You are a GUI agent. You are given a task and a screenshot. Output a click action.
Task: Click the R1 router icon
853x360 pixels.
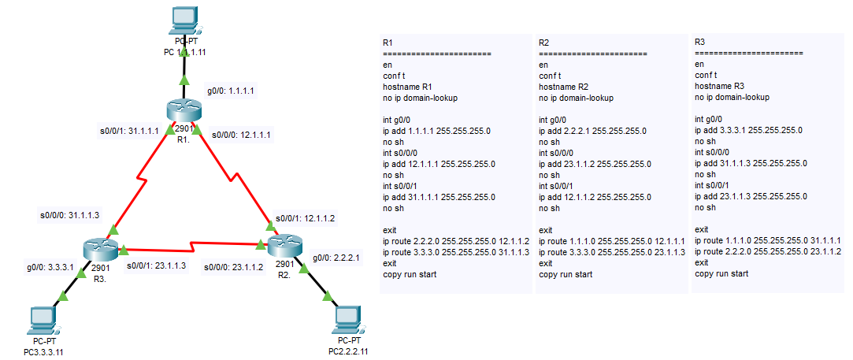point(184,113)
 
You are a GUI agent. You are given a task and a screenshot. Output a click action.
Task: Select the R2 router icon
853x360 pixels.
point(283,247)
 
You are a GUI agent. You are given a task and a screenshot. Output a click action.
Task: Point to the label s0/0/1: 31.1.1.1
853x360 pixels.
point(129,131)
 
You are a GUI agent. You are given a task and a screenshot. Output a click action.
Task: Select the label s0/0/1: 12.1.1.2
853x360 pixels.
point(306,218)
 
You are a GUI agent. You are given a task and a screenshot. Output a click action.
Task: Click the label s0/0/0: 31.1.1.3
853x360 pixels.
point(70,213)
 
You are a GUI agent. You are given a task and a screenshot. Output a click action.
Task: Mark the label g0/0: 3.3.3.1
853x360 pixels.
point(50,267)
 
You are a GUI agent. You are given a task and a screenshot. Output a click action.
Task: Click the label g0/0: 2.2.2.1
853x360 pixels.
point(336,257)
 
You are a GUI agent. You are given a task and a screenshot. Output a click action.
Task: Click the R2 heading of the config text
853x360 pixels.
point(543,42)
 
